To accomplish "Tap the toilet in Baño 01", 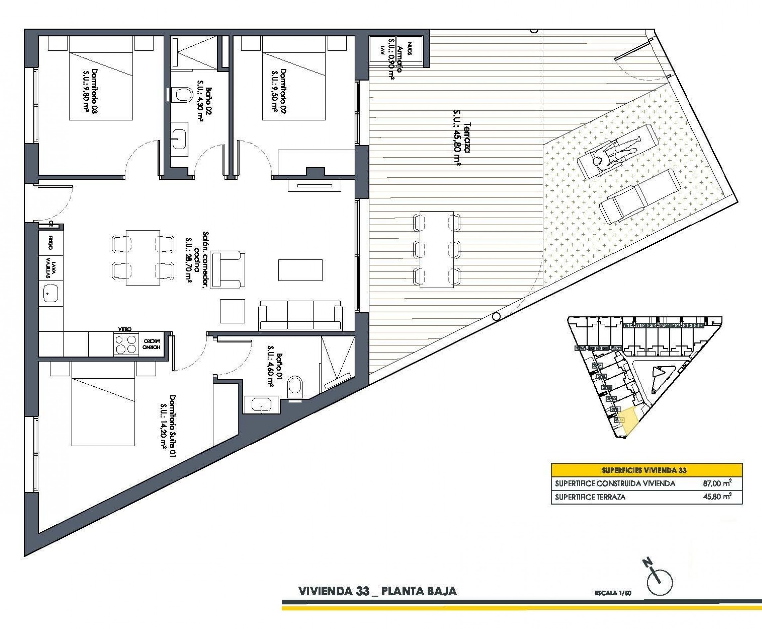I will (296, 386).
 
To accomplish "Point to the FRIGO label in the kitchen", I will (50, 242).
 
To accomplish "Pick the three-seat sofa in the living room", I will (300, 315).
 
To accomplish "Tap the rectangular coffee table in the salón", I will (300, 270).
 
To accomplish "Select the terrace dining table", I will (436, 250).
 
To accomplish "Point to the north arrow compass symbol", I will (658, 582).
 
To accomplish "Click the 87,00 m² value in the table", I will (717, 483).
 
